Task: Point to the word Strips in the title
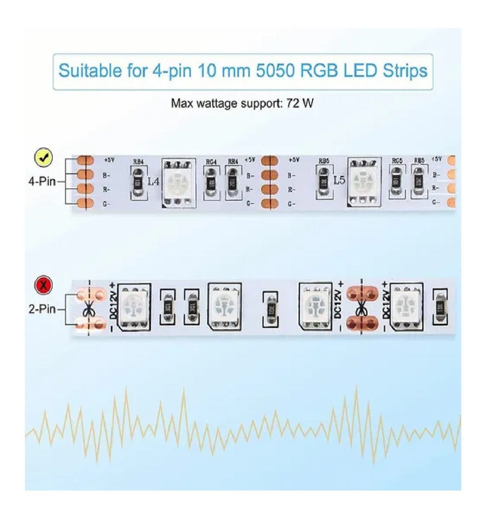point(405,71)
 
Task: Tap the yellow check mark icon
point(43,157)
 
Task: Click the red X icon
point(43,285)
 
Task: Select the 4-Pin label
point(42,181)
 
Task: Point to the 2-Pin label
point(42,309)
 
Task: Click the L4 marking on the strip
point(154,181)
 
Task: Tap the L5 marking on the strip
point(339,180)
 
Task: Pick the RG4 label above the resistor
point(211,162)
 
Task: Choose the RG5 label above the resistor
point(397,161)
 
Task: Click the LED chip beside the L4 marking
point(178,182)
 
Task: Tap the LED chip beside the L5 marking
point(364,181)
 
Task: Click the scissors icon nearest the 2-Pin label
point(88,309)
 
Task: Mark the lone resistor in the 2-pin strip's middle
point(270,309)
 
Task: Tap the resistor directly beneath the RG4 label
point(211,182)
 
